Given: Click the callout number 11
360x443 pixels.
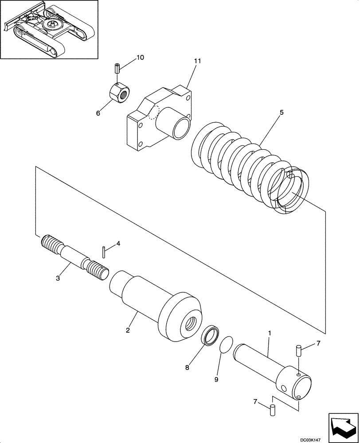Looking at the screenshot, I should coord(197,61).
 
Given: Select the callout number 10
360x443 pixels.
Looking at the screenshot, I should coord(140,58).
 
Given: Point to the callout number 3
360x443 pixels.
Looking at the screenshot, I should coord(59,278).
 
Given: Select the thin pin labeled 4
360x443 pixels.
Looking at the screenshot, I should coord(103,251).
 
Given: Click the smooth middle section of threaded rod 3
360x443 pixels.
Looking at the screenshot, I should coord(71,256).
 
